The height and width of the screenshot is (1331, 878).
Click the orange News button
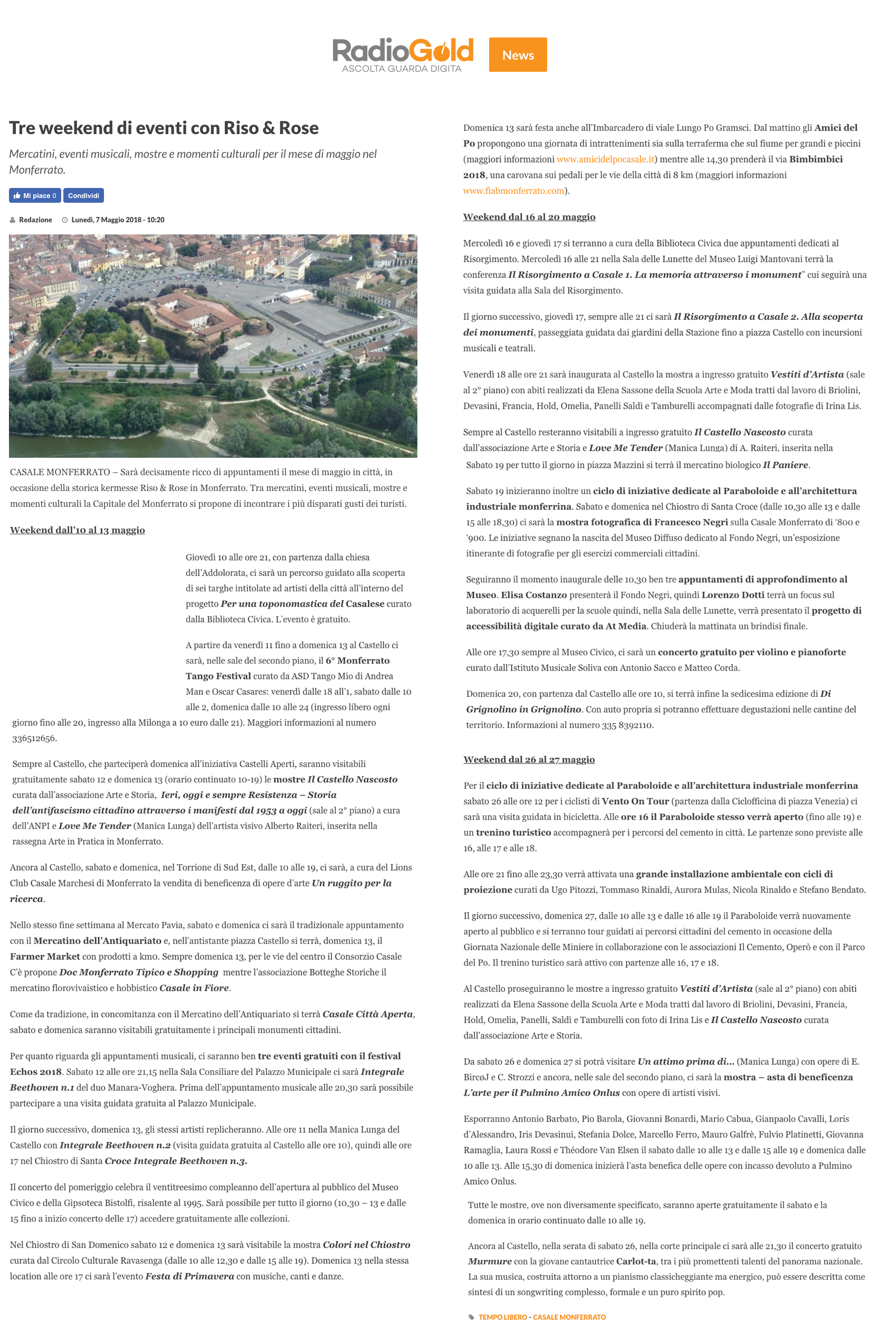pyautogui.click(x=518, y=55)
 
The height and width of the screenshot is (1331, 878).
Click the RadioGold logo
pyautogui.click(x=403, y=54)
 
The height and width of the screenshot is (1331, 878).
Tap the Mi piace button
pyautogui.click(x=35, y=195)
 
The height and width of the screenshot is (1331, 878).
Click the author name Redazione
pyautogui.click(x=35, y=220)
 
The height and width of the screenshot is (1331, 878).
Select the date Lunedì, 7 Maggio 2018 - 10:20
pyautogui.click(x=118, y=220)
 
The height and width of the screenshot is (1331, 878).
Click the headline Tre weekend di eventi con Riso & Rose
pyautogui.click(x=164, y=128)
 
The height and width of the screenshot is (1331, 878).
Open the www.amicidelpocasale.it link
pyautogui.click(x=605, y=159)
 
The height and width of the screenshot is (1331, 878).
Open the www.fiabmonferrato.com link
pyautogui.click(x=513, y=191)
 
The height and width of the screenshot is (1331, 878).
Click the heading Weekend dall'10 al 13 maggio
pyautogui.click(x=77, y=530)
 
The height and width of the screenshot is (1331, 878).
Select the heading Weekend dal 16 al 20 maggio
pyautogui.click(x=529, y=217)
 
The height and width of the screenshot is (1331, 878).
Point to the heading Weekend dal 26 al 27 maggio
pyautogui.click(x=529, y=759)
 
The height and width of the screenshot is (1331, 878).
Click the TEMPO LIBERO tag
pyautogui.click(x=502, y=1317)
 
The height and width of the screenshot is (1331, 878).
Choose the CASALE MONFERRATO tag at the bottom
pyautogui.click(x=569, y=1317)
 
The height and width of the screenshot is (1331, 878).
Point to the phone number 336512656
pyautogui.click(x=34, y=738)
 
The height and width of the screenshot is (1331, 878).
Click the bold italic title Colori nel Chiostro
pyautogui.click(x=366, y=1245)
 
